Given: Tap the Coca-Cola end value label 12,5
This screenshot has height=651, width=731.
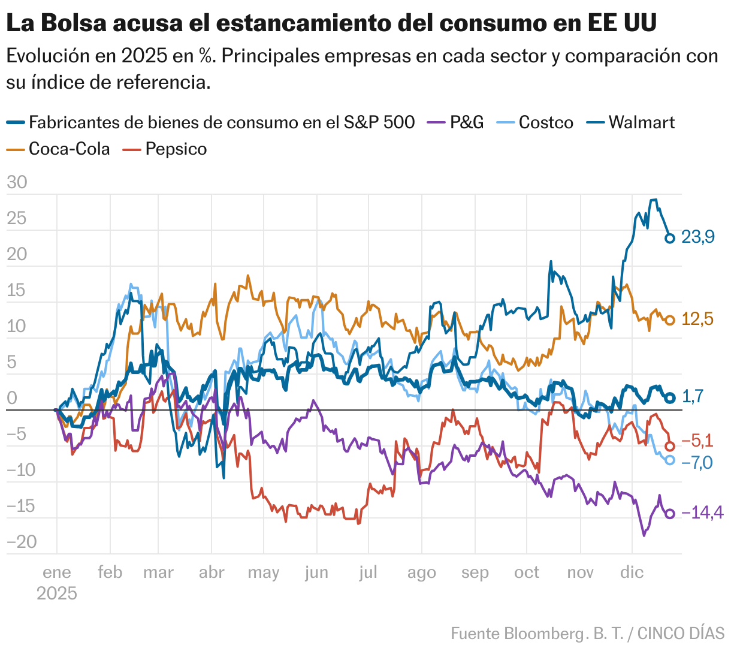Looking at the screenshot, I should click(x=697, y=320).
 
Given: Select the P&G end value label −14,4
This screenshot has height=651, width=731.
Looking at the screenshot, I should click(x=702, y=513).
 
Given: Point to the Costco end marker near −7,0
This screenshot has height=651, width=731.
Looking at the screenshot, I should click(x=670, y=460).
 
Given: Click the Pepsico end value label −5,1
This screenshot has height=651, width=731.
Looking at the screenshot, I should click(x=697, y=441).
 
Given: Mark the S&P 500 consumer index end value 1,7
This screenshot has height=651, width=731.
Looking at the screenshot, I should click(x=693, y=396).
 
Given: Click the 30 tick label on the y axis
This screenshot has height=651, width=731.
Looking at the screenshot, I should click(x=17, y=182).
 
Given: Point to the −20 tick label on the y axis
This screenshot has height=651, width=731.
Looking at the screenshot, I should click(x=22, y=542).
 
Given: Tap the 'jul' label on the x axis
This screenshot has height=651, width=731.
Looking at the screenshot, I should click(x=368, y=572).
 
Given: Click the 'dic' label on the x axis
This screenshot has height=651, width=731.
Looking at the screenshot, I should click(x=632, y=572).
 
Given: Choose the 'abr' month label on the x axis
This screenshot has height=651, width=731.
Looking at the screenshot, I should click(x=212, y=572).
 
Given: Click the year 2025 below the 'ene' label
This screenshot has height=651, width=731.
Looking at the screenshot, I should click(x=57, y=593).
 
